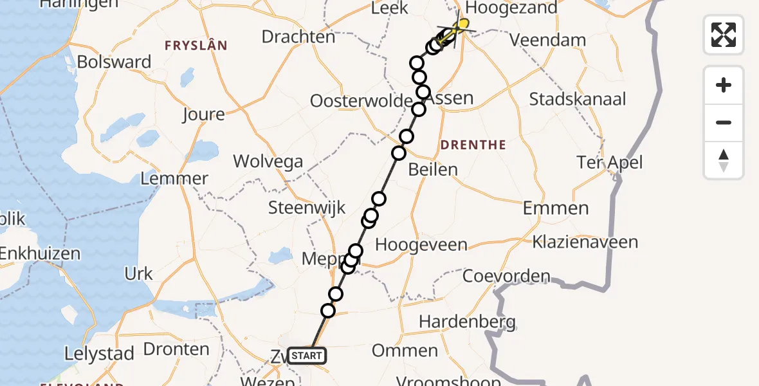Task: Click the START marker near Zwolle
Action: click(x=307, y=355)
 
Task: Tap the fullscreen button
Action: click(x=724, y=34)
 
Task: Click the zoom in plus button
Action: click(x=724, y=85)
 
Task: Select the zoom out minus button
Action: click(x=724, y=122)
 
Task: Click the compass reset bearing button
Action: click(x=724, y=160)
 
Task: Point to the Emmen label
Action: click(x=556, y=208)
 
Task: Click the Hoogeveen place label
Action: click(x=421, y=244)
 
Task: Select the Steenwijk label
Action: click(x=307, y=208)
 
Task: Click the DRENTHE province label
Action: click(x=474, y=145)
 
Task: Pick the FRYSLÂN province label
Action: click(x=196, y=46)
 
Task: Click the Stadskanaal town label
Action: click(x=578, y=100)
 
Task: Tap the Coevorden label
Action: click(x=506, y=277)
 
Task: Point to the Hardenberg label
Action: click(x=467, y=320)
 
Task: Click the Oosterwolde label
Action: click(x=360, y=101)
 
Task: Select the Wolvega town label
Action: click(x=268, y=161)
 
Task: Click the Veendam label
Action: click(x=547, y=40)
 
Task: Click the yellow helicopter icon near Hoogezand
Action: click(x=460, y=26)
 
